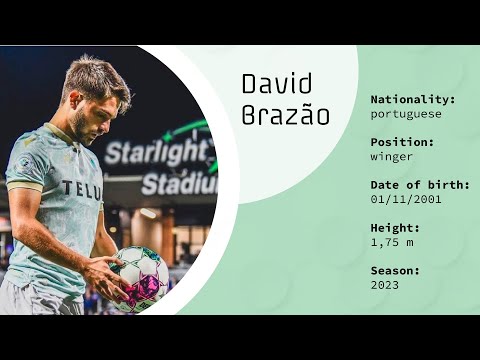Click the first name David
coord(277,85)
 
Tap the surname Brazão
coord(285,115)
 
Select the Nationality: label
coord(413,100)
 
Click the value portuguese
coord(406,114)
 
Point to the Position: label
coord(402,142)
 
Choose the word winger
coord(392,156)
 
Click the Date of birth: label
coord(419,185)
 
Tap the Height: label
coord(395,228)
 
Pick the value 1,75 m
coord(392,242)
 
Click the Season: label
coord(395,271)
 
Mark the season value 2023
coord(384,285)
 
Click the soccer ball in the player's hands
coord(139,277)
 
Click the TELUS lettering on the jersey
coord(82,188)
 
